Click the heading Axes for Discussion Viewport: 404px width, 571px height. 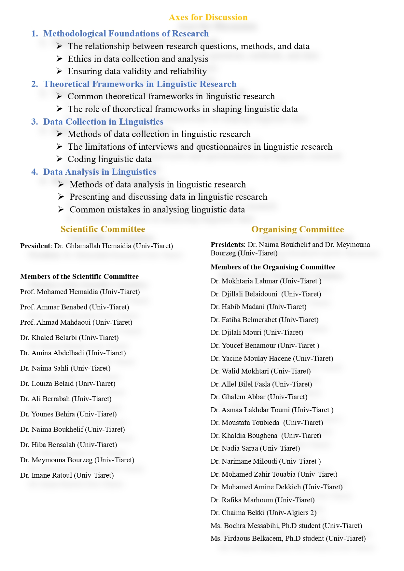click(x=208, y=17)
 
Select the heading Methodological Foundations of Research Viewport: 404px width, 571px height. click(x=126, y=34)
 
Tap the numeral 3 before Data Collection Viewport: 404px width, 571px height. click(x=35, y=122)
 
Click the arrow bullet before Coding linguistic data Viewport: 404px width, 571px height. click(x=59, y=159)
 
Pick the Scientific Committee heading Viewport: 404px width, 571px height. click(x=103, y=229)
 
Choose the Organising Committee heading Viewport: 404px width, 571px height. click(x=298, y=229)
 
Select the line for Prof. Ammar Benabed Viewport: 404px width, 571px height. click(x=75, y=307)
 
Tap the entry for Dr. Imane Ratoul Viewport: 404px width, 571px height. click(x=67, y=475)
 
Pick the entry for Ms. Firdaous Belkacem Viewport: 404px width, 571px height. click(x=288, y=538)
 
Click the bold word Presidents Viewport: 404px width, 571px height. click(x=227, y=245)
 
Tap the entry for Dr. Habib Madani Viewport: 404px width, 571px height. click(x=258, y=307)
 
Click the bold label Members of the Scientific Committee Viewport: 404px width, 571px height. click(x=79, y=277)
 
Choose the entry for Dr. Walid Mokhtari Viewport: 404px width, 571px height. click(x=260, y=371)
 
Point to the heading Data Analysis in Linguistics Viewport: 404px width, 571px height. click(x=100, y=172)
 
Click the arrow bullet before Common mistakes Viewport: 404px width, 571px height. click(x=61, y=209)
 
